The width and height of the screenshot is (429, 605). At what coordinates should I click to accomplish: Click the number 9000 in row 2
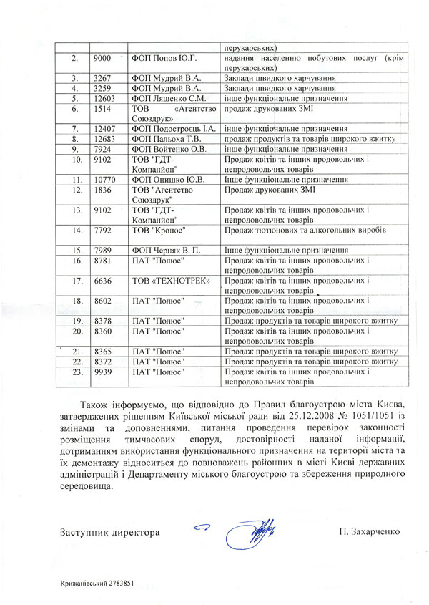pyautogui.click(x=102, y=57)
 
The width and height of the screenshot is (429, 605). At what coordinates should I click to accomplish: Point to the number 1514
pyautogui.click(x=102, y=108)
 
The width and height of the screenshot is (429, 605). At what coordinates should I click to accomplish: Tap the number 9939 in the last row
pyautogui.click(x=102, y=372)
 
